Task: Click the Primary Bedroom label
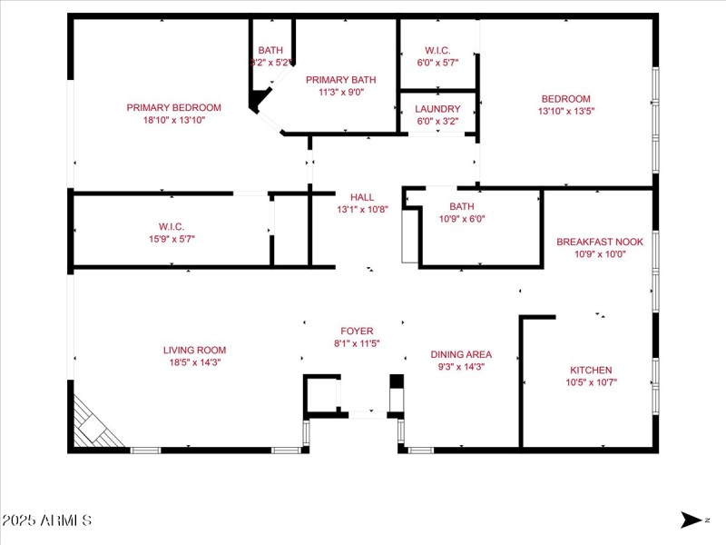[173, 107]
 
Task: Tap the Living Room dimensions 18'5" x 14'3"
[194, 362]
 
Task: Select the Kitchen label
[590, 370]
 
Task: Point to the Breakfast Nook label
[599, 242]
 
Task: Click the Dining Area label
[461, 354]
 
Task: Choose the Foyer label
[357, 331]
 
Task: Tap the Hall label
[362, 196]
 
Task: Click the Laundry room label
[438, 109]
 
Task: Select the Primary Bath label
[340, 80]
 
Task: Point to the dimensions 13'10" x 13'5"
[566, 111]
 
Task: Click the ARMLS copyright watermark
[46, 520]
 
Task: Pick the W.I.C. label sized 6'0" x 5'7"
[437, 50]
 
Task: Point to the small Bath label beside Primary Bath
[270, 50]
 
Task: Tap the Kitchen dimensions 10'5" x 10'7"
[590, 382]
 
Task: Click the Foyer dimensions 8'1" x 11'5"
[357, 343]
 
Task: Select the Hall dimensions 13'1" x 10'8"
[362, 209]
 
